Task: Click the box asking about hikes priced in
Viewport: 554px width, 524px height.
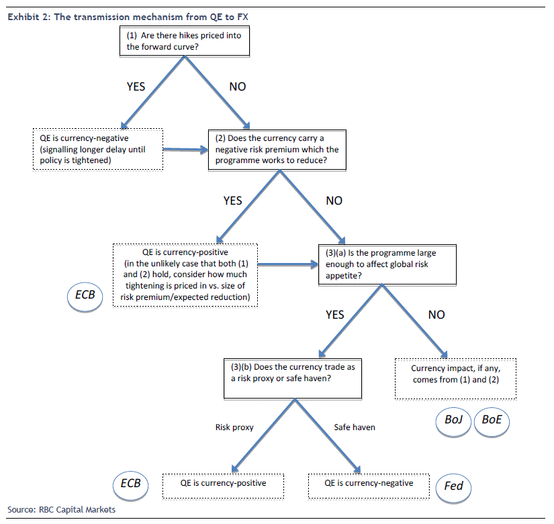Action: point(185,41)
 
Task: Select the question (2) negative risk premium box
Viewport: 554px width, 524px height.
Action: point(277,150)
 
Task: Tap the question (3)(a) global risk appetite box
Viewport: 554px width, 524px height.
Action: point(387,264)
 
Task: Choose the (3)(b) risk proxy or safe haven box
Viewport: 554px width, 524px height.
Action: point(293,378)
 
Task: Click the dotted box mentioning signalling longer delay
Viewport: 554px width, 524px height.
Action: point(98,149)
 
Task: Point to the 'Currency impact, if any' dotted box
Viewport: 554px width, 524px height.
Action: point(455,379)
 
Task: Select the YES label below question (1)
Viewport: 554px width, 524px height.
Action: point(136,87)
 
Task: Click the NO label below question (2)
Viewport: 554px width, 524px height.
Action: point(334,201)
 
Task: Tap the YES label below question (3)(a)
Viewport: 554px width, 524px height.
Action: point(334,315)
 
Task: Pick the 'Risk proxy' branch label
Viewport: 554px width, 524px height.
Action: point(234,427)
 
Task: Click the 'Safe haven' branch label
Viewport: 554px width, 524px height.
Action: point(355,427)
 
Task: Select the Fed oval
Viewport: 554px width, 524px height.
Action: point(453,488)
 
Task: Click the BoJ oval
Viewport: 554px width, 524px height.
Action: point(453,421)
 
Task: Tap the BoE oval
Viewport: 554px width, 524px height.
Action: point(492,421)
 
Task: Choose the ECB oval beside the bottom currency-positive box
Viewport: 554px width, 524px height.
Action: point(130,485)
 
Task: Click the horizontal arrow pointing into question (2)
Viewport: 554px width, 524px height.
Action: point(186,150)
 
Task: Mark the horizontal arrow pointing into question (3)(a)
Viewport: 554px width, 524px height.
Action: point(288,264)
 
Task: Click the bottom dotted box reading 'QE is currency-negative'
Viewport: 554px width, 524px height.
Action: point(369,486)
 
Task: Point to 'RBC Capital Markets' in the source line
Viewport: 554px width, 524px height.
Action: point(77,509)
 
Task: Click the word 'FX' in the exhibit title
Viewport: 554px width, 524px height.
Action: point(242,17)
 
